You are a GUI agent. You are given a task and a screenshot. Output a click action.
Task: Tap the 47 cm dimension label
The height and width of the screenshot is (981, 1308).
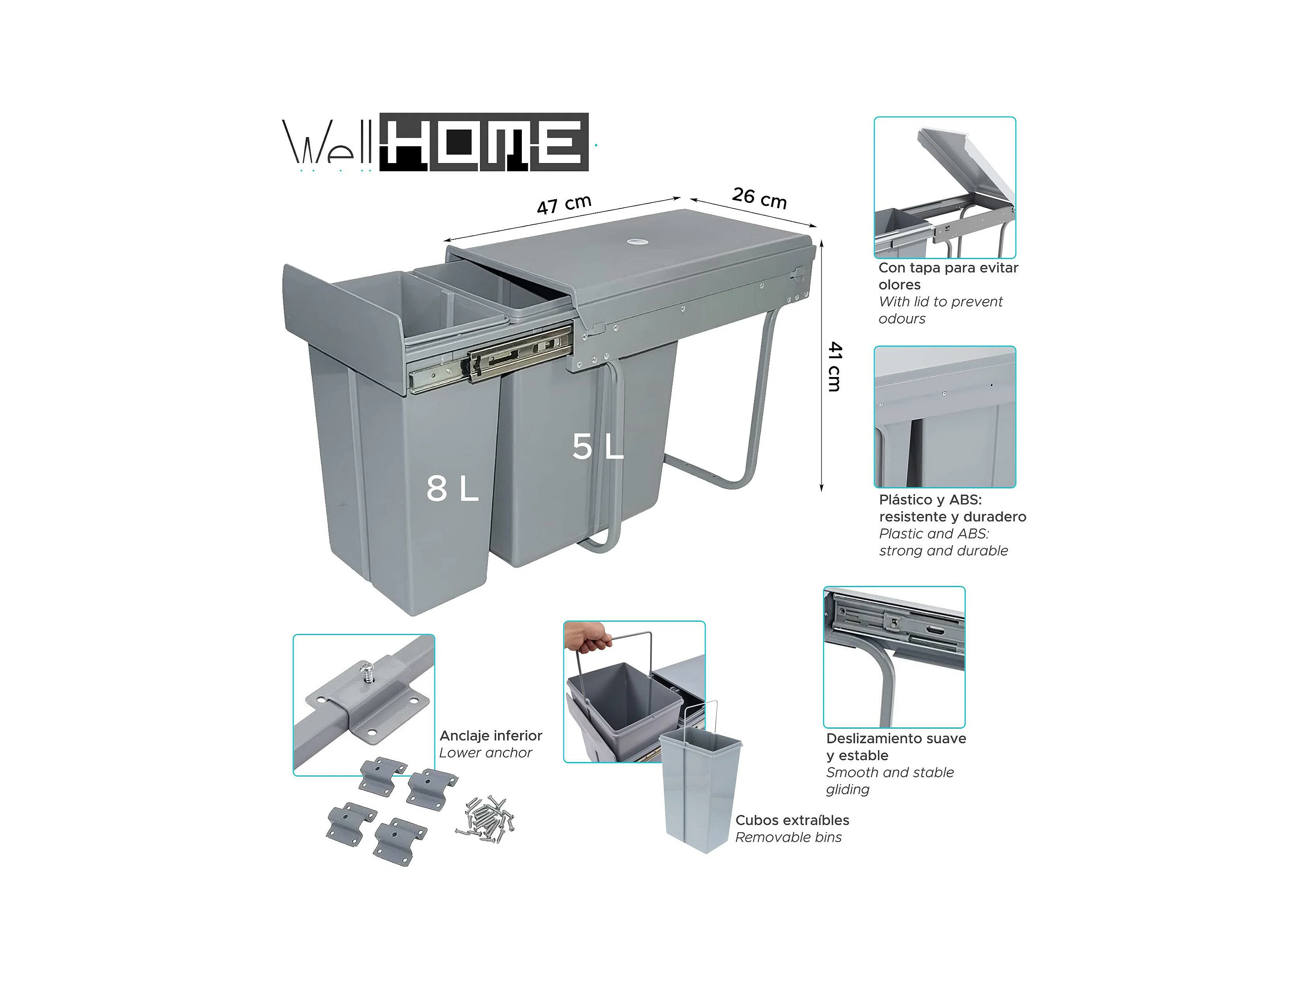pos(564,204)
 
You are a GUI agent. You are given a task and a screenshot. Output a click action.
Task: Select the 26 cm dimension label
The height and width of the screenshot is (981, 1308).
pos(759,198)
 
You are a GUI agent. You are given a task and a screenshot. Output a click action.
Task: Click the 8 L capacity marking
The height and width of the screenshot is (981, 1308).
pos(452,489)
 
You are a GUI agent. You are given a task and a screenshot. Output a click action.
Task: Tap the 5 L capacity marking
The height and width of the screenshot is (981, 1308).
pos(598,446)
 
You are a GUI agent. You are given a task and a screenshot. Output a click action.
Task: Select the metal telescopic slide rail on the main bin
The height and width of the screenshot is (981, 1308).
pos(491,361)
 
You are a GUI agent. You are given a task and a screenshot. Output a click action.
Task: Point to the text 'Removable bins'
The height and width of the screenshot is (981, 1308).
pos(788,837)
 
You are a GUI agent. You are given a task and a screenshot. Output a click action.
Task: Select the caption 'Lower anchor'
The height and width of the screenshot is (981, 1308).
pos(486,753)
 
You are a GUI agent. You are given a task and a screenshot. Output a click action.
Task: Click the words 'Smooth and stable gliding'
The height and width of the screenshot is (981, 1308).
pos(890,780)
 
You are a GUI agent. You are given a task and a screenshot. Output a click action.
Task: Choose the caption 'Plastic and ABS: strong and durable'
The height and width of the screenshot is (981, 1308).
pos(943,542)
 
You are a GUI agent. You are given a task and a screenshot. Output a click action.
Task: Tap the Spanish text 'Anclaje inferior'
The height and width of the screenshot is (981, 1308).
pos(491,736)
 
